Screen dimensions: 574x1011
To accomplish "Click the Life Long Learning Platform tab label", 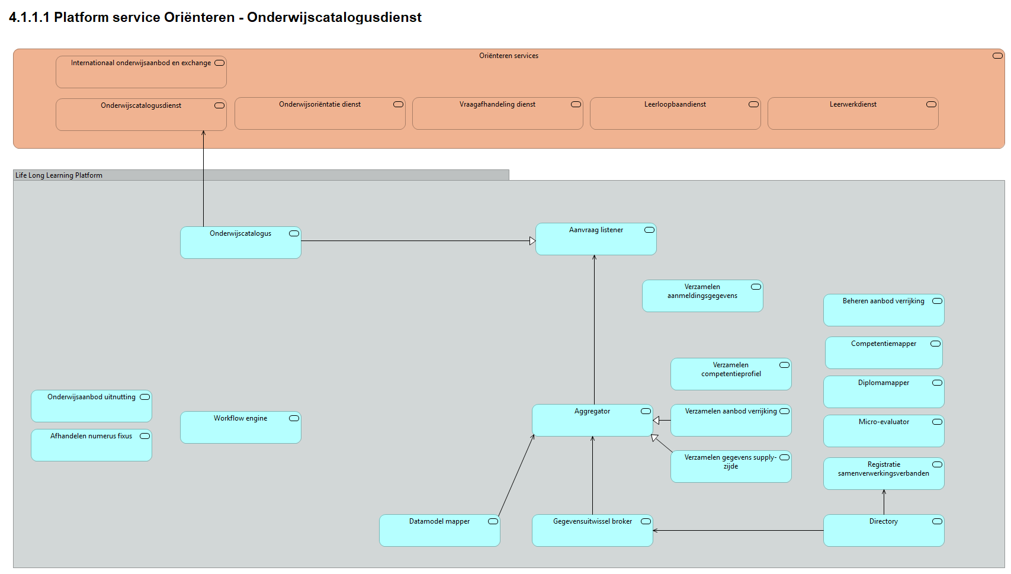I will tap(59, 175).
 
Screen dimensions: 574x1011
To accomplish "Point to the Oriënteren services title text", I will tap(509, 56).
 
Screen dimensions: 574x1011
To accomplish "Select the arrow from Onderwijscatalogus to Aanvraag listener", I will tap(415, 241).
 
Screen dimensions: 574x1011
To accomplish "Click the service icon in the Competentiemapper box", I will tap(935, 344).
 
